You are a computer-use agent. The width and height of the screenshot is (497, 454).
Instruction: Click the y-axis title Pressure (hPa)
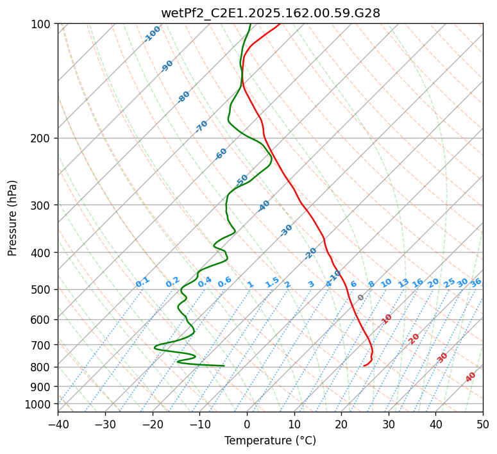[x=13, y=217]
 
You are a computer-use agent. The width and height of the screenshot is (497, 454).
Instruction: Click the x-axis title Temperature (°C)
[x=270, y=441]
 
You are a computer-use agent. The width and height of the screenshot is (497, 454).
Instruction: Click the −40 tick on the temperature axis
[x=58, y=424]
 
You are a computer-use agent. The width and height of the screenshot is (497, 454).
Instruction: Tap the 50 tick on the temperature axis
[x=483, y=424]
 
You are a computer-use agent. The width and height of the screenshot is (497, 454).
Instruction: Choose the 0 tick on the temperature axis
[x=247, y=424]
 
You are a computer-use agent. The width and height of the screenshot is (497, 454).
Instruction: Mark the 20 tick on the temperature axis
[x=341, y=424]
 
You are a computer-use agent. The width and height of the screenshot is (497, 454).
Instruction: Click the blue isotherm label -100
[x=153, y=33]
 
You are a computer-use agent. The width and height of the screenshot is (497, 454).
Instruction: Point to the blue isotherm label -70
[x=201, y=126]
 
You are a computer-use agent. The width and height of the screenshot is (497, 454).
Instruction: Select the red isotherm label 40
[x=471, y=377]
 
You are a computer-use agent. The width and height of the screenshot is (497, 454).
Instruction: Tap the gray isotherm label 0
[x=361, y=298]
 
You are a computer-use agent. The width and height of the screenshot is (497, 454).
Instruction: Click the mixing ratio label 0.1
[x=142, y=282]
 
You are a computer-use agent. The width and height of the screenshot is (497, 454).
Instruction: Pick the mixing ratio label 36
[x=476, y=283]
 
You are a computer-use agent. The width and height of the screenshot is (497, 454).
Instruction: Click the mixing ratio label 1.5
[x=272, y=282]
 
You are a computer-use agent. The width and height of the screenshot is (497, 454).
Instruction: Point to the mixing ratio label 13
[x=403, y=283]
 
